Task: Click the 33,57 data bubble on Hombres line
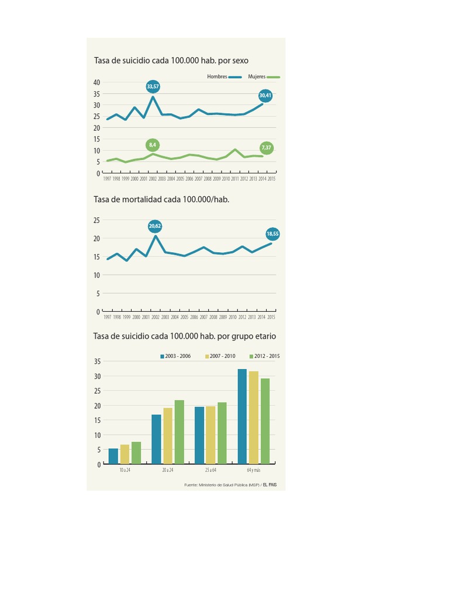153,86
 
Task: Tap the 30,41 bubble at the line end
265,95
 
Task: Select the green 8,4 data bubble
153,144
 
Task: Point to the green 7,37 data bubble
266,148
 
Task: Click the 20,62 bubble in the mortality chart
155,225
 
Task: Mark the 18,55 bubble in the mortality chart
272,234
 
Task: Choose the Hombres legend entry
224,77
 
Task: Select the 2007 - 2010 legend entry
220,356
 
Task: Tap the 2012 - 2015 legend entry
264,356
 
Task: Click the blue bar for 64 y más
242,416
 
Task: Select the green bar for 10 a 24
136,453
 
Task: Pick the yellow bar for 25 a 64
210,435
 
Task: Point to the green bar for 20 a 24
179,432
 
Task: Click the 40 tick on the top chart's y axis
96,82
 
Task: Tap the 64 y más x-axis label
253,470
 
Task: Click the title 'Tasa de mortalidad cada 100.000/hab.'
161,199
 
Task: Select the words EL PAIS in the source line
270,485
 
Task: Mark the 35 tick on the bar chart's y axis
97,361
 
